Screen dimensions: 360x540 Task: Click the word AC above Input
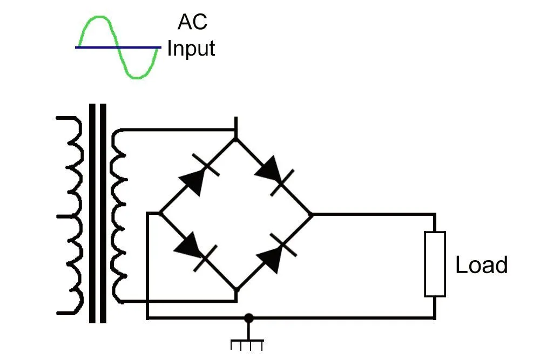tap(192, 22)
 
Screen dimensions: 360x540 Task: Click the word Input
tap(191, 49)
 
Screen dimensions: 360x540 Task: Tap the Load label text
tap(481, 266)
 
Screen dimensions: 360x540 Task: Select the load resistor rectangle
tap(435, 264)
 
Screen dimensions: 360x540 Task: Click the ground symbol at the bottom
tap(247, 343)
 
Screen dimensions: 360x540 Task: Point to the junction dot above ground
tap(248, 318)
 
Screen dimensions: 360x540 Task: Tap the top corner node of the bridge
tap(236, 139)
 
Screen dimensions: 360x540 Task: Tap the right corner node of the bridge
tap(312, 214)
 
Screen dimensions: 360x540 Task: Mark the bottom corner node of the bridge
tap(236, 290)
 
